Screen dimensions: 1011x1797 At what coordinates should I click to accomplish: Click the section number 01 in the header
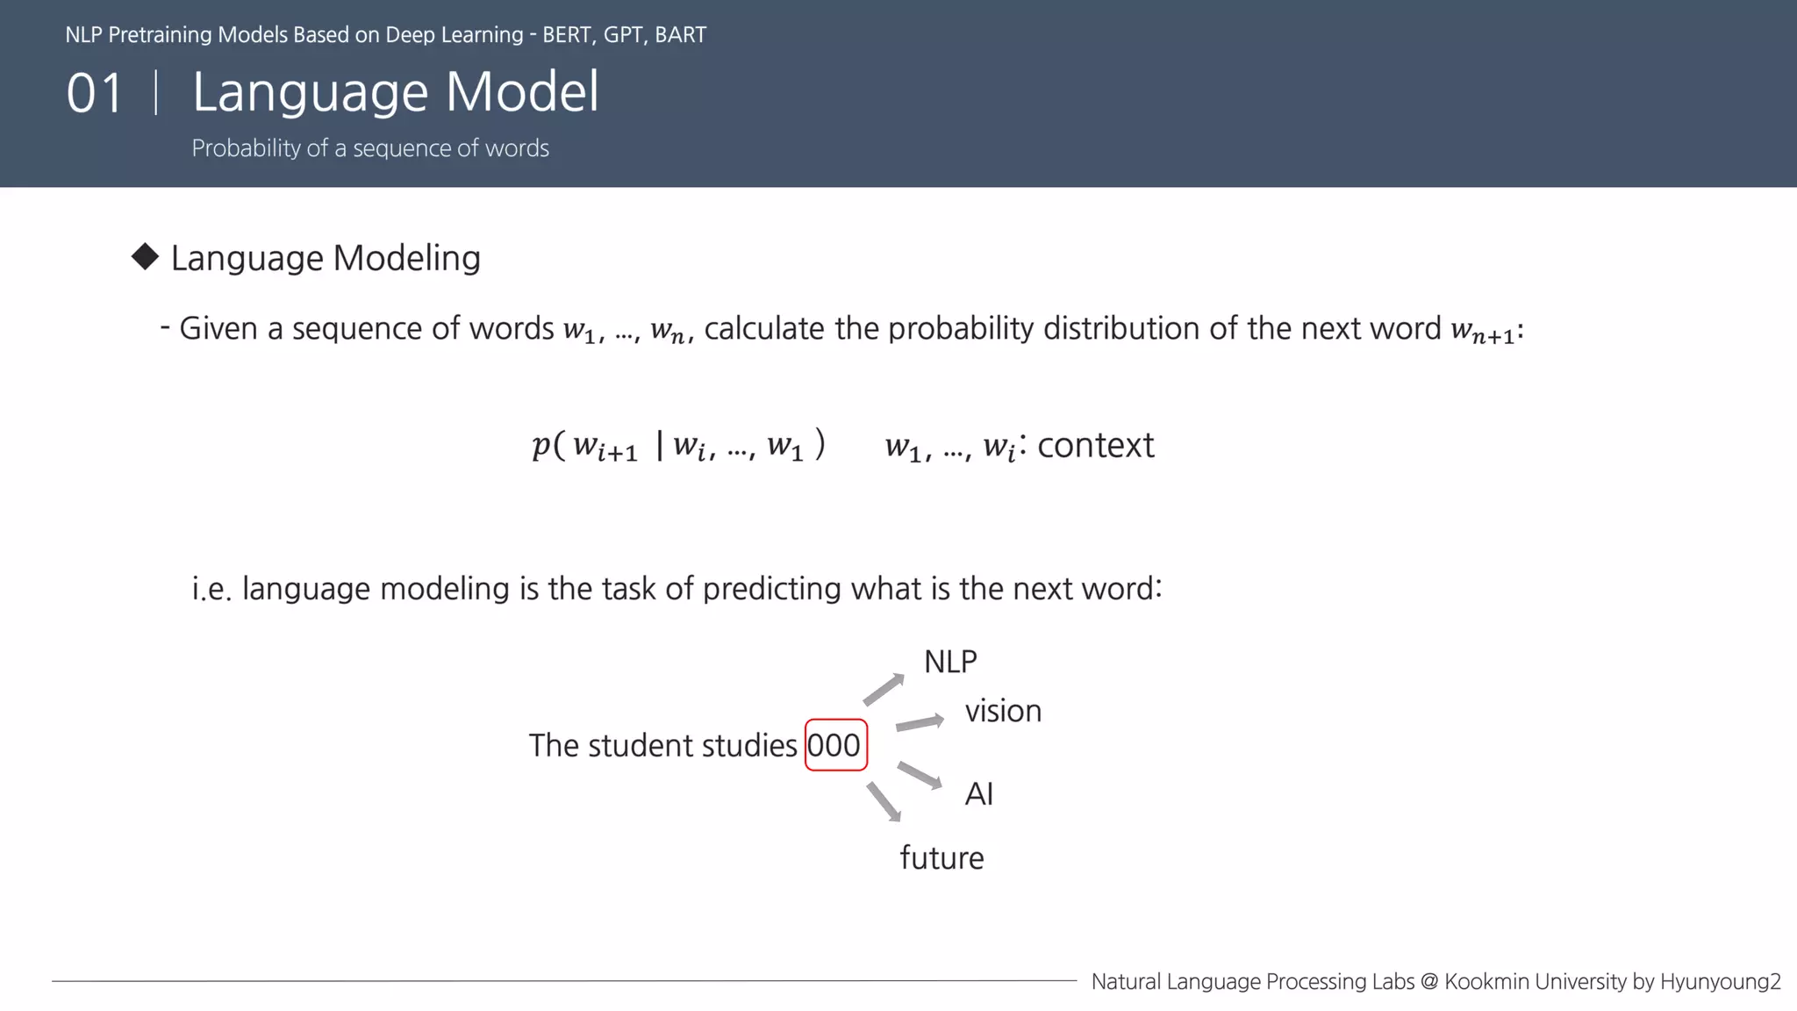pos(95,93)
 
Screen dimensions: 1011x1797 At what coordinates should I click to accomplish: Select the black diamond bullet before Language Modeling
pos(145,257)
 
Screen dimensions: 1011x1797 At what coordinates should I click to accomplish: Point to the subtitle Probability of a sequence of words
pos(370,148)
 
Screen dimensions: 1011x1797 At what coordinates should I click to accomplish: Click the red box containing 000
pos(835,745)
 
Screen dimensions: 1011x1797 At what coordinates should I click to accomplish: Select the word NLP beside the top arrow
pos(950,662)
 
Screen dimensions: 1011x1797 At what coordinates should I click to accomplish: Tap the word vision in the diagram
pos(1003,711)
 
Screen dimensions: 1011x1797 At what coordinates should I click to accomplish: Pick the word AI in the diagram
pos(978,794)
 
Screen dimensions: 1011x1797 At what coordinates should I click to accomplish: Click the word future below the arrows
pos(941,858)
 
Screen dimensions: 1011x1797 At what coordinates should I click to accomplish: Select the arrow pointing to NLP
pos(884,689)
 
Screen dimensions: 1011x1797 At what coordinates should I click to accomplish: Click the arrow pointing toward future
pos(884,801)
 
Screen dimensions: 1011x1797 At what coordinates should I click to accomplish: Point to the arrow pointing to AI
pos(920,775)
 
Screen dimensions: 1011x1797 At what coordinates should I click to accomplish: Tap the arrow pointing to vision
pos(920,723)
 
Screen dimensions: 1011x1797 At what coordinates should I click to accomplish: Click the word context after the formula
pos(1095,446)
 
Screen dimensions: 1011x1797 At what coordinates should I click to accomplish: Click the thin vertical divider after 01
pos(156,92)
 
